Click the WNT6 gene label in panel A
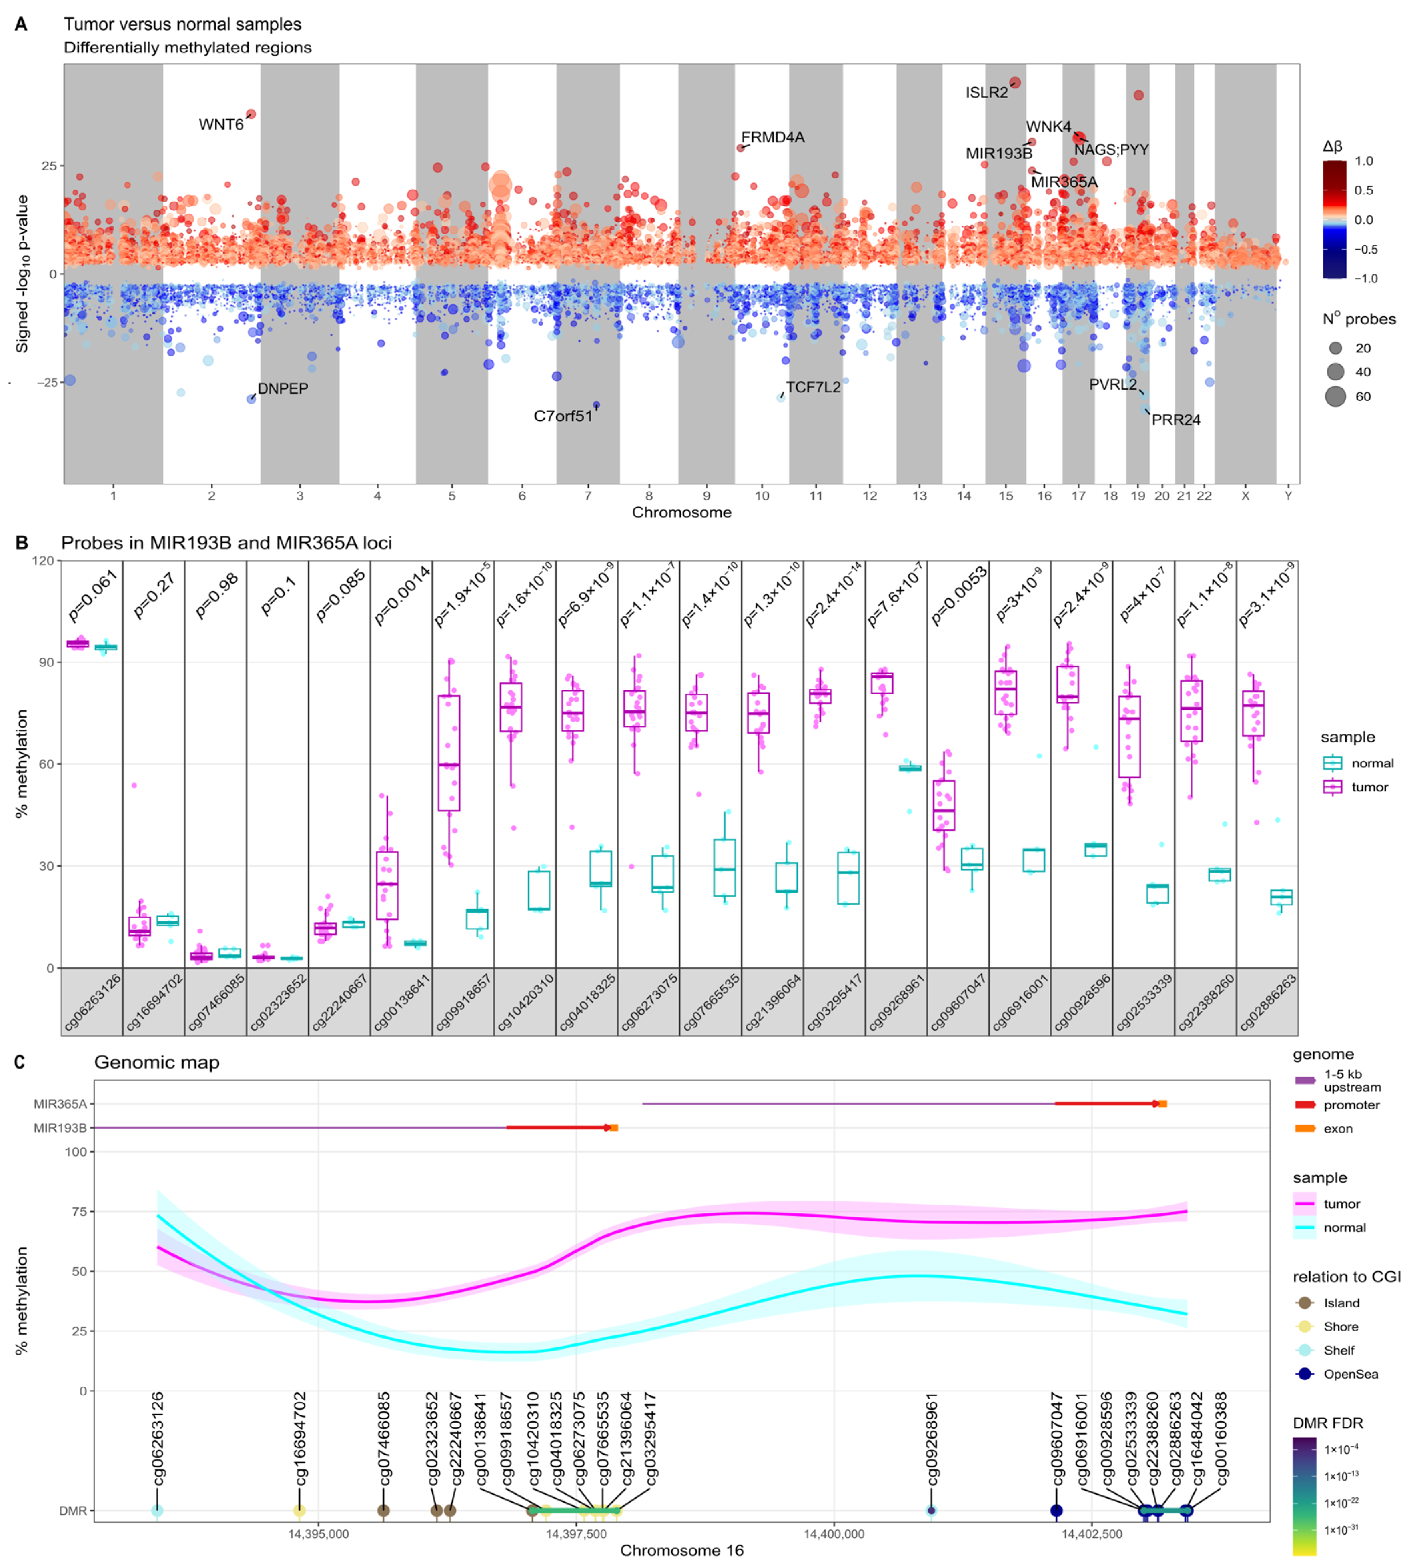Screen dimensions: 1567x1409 point(220,124)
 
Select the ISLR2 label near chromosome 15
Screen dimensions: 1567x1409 point(986,93)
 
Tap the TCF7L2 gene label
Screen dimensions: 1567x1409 point(813,387)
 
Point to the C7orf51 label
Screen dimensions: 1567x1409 point(563,416)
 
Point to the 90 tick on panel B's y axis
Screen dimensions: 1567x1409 point(46,662)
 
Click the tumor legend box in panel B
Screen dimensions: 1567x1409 point(1332,787)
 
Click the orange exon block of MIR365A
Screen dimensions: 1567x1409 point(1162,1103)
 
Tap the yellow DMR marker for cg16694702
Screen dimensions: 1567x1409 point(300,1511)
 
